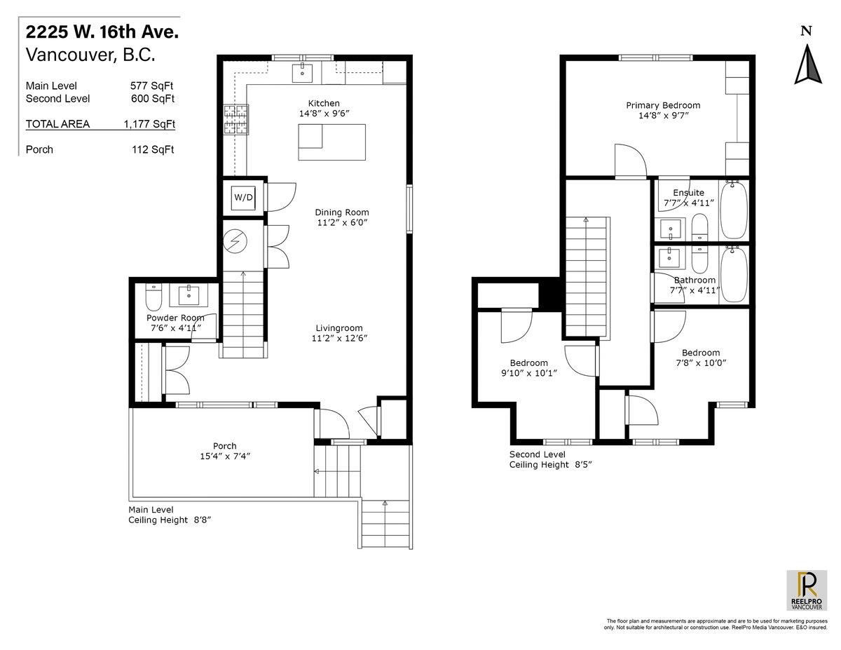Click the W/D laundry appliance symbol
coord(243,198)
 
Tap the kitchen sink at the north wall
coord(302,72)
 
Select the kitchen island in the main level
coord(331,142)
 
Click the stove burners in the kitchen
coord(236,120)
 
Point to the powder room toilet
coord(153,297)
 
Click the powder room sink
coord(189,296)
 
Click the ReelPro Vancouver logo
coord(807,590)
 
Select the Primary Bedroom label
coord(663,105)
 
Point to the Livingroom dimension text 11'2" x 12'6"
coord(339,339)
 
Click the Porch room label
coord(224,446)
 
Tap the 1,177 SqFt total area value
coord(149,124)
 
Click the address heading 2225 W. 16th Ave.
coord(102,32)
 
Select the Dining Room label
coord(342,212)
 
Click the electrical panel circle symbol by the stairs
coord(235,242)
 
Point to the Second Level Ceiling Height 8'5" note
coord(550,459)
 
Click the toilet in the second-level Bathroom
coord(699,259)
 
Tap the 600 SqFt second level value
coord(153,99)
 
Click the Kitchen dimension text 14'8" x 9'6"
coord(324,114)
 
